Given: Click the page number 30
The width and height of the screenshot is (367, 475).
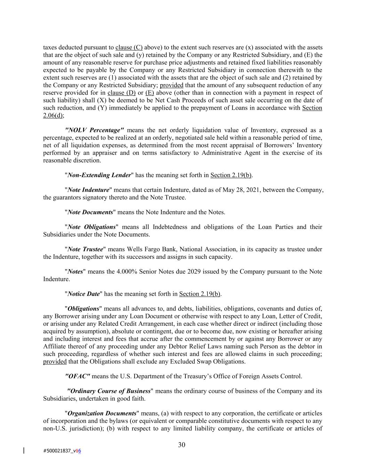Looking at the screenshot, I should pos(182,445).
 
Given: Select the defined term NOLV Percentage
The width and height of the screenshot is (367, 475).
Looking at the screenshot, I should pos(94,130).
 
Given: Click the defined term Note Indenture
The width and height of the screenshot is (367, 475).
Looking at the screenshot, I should pos(88,190).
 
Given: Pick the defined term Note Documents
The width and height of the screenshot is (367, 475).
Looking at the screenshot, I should pos(90,212).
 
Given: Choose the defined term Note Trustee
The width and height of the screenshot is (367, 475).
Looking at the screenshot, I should pos(85,249).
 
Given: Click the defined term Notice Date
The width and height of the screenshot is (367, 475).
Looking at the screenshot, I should pos(83,294).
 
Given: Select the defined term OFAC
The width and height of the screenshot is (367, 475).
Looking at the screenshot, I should pos(78,376).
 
